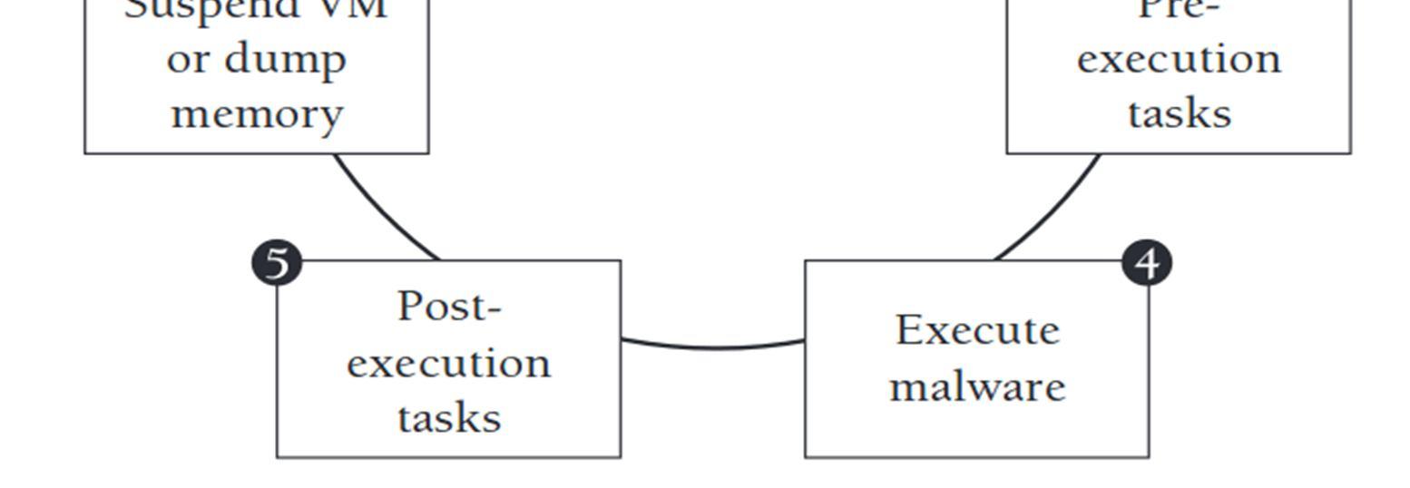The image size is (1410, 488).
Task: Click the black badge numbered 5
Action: (x=277, y=263)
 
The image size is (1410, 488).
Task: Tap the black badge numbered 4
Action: (x=1147, y=263)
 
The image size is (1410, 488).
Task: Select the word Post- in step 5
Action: (x=449, y=307)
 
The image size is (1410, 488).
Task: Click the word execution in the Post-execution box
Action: (x=448, y=364)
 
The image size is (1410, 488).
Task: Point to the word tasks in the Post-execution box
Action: (x=449, y=418)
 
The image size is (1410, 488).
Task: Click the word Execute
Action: (x=977, y=330)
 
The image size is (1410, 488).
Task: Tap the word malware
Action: (x=977, y=386)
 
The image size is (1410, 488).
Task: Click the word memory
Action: (x=257, y=114)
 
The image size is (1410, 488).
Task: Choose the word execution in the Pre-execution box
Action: (x=1179, y=60)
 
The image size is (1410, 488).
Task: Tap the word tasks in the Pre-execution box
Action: (x=1179, y=114)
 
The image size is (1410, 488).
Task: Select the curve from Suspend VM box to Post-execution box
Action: (x=381, y=213)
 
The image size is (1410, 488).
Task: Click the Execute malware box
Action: (x=977, y=426)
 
